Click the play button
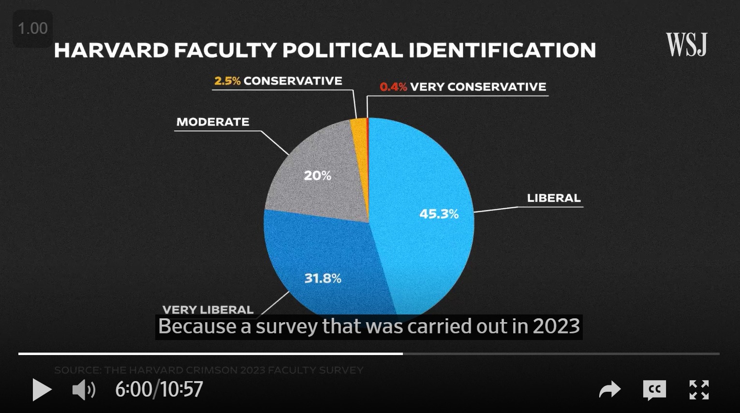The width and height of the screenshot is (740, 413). [x=42, y=390]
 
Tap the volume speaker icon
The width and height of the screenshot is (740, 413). [x=83, y=390]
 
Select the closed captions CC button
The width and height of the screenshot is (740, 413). [x=654, y=390]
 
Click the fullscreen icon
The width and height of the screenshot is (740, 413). [x=698, y=390]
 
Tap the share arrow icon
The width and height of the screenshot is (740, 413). [x=609, y=389]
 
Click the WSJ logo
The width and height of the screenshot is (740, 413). [x=686, y=44]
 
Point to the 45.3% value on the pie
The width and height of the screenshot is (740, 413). [x=439, y=214]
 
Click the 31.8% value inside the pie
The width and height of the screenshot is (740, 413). [x=323, y=278]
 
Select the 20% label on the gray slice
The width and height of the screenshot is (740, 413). [x=317, y=175]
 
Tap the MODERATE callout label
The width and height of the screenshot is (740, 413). [x=213, y=122]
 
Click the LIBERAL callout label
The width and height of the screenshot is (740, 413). [x=553, y=198]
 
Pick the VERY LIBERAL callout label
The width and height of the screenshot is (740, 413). [x=208, y=310]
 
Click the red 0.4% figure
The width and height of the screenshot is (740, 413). [x=393, y=87]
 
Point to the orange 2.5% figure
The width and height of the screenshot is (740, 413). [x=227, y=81]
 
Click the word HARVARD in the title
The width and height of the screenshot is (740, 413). [x=111, y=50]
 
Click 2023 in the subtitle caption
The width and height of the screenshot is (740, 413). [x=556, y=326]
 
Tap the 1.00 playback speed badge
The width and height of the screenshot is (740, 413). [x=32, y=28]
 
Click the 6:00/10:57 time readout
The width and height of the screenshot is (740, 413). [x=159, y=389]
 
